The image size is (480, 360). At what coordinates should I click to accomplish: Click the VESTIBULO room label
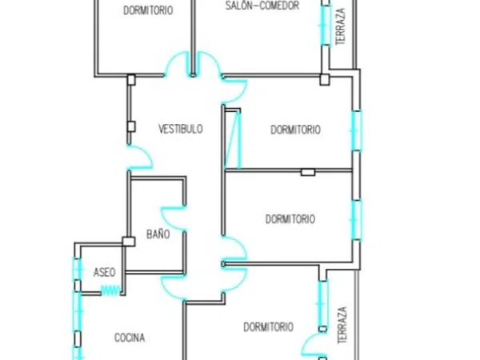(181, 129)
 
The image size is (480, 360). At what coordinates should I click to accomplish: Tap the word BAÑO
(158, 234)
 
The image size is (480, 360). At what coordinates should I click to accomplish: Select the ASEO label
(104, 272)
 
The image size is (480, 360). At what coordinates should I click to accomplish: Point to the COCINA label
(130, 338)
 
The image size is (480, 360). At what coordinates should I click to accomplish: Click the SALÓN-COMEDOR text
(262, 6)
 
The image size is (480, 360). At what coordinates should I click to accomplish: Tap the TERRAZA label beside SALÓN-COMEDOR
(341, 26)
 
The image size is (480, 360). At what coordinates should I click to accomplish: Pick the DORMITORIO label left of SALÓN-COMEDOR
(148, 10)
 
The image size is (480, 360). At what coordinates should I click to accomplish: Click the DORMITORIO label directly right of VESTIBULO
(295, 130)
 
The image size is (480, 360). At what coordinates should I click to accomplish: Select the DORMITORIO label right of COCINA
(268, 327)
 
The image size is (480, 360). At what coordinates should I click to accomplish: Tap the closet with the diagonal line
(233, 138)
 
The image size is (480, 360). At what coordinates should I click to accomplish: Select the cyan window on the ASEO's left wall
(78, 270)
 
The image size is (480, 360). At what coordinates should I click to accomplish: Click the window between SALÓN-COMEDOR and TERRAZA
(326, 25)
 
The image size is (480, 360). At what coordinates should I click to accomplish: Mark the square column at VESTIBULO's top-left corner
(131, 79)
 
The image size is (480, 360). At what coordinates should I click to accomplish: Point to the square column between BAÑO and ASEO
(129, 242)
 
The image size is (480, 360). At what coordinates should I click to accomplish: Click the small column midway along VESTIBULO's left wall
(131, 126)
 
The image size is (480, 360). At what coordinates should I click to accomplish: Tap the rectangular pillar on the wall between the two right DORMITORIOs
(308, 172)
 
